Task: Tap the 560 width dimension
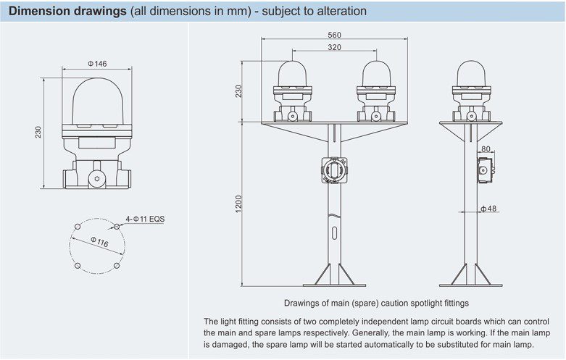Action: [334, 35]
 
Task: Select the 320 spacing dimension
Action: [334, 47]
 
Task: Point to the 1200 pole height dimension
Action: [240, 205]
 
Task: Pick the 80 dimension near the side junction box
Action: [486, 149]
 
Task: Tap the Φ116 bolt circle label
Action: [99, 242]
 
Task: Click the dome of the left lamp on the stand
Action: [293, 72]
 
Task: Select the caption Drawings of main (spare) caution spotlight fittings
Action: [375, 302]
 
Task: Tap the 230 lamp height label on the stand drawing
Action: [240, 91]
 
